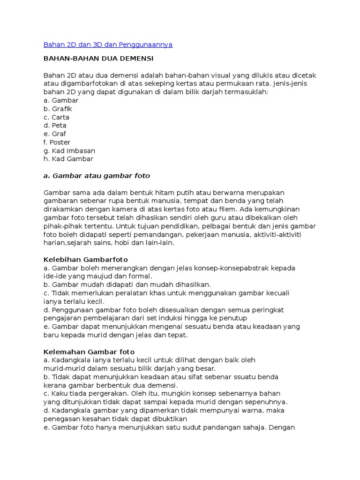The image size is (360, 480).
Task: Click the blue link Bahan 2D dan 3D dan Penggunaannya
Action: [x=108, y=45]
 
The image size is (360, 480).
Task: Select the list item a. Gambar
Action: [x=60, y=100]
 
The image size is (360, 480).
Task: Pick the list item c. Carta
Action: [x=56, y=117]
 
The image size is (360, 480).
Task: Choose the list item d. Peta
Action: [x=55, y=126]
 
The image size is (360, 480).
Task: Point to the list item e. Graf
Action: [x=55, y=134]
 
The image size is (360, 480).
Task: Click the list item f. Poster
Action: [x=57, y=142]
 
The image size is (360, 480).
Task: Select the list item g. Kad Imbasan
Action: [x=69, y=151]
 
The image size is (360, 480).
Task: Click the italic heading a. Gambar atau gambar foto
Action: [x=97, y=176]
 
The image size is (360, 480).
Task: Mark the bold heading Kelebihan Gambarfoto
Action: [x=85, y=259]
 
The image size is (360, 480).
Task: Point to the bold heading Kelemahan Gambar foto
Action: [x=89, y=352]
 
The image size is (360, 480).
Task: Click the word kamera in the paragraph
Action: [x=122, y=210]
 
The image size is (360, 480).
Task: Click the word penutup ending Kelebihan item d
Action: [x=233, y=318]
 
